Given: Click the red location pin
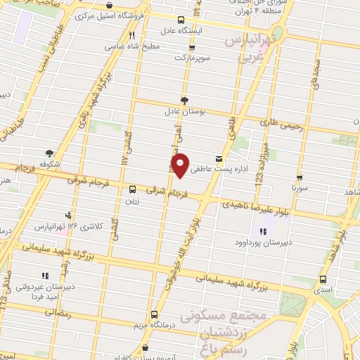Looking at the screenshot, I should pos(181,165).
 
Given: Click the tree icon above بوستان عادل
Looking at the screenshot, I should pos(184,100).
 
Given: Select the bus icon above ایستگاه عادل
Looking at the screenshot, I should pos(181,20).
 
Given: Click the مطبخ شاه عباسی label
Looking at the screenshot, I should pos(133,46).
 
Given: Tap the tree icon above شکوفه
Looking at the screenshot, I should pos(49,152).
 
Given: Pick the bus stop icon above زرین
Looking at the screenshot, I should pos(133,188).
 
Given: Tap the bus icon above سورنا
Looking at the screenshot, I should pos(300,178).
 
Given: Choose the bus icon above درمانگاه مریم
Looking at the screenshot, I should pos(154,314).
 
